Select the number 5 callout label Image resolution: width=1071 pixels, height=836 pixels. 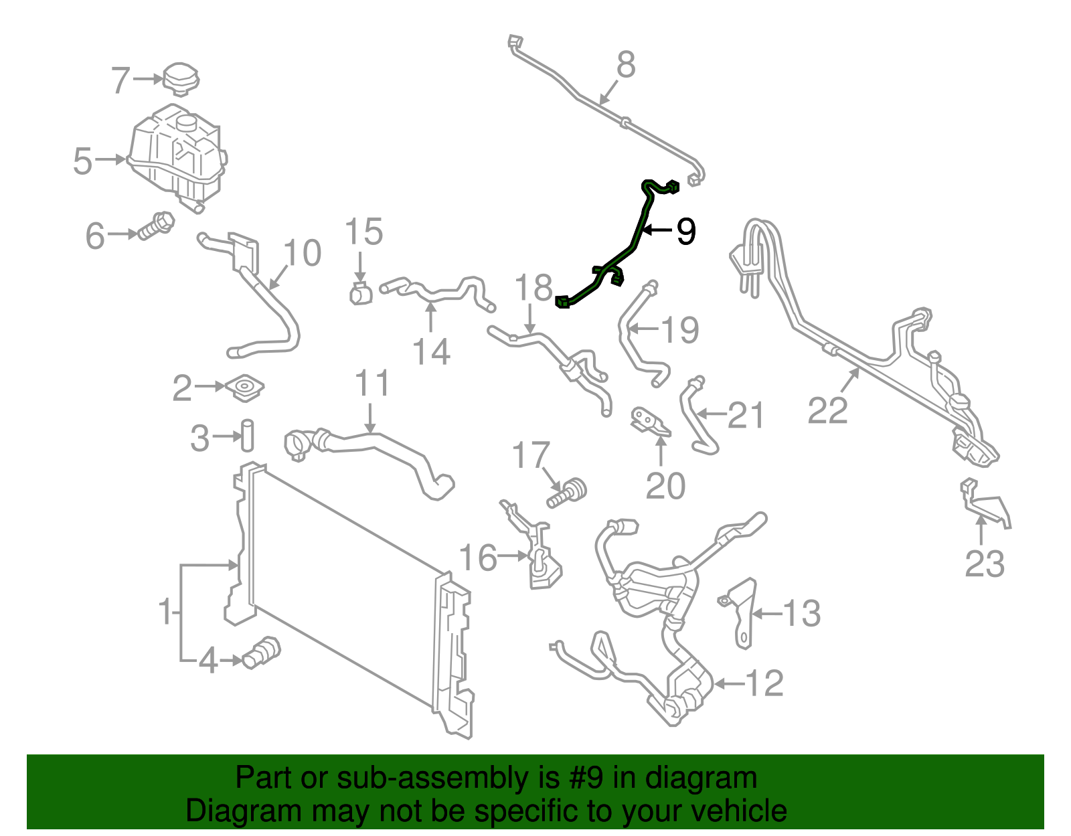pos(82,161)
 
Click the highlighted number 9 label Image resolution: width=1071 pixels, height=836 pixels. pos(686,232)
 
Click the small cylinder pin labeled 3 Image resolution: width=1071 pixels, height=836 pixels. pos(248,435)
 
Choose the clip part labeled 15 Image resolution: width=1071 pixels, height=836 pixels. pos(361,293)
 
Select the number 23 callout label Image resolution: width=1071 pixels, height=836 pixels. pos(985,564)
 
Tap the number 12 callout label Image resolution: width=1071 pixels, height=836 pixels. pos(764,683)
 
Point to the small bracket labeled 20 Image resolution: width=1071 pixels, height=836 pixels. pos(649,422)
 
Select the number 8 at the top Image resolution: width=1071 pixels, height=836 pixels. pos(625,66)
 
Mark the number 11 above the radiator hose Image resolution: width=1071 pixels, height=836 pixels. pos(372,384)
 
